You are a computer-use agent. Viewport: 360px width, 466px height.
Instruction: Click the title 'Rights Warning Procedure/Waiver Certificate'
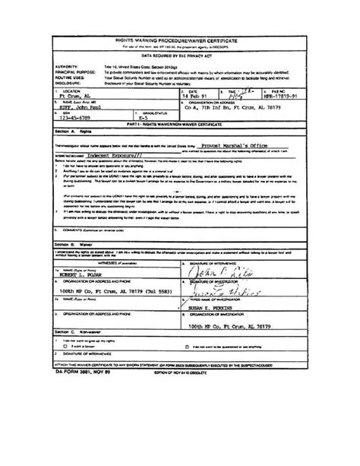pos(180,36)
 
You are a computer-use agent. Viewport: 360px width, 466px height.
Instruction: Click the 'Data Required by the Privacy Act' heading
pos(180,55)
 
